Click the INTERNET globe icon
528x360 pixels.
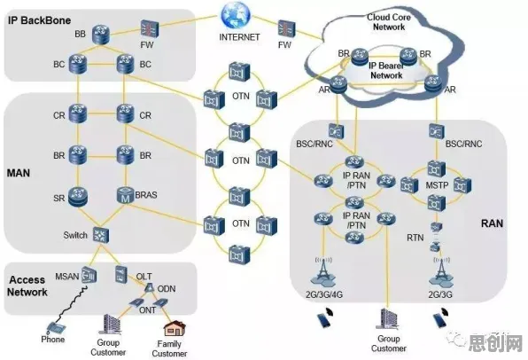[236, 15]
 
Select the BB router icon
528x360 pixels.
[101, 34]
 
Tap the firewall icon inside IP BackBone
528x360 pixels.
[149, 28]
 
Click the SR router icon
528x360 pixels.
[78, 197]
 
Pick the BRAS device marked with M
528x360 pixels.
[125, 195]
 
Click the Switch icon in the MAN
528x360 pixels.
[101, 235]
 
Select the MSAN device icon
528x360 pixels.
[89, 275]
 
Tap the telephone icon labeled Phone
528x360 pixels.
[55, 328]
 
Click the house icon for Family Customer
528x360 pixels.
[175, 329]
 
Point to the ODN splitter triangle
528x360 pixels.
[150, 287]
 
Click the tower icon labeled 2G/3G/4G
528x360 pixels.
[323, 272]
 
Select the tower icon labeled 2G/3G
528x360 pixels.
[441, 272]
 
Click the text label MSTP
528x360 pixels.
[437, 185]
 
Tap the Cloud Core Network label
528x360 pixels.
[389, 22]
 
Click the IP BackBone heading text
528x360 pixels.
[39, 20]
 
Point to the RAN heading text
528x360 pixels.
[492, 223]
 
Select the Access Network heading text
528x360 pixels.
[27, 286]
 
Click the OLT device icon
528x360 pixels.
[120, 274]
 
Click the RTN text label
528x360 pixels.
[415, 238]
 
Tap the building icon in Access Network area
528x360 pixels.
[112, 325]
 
